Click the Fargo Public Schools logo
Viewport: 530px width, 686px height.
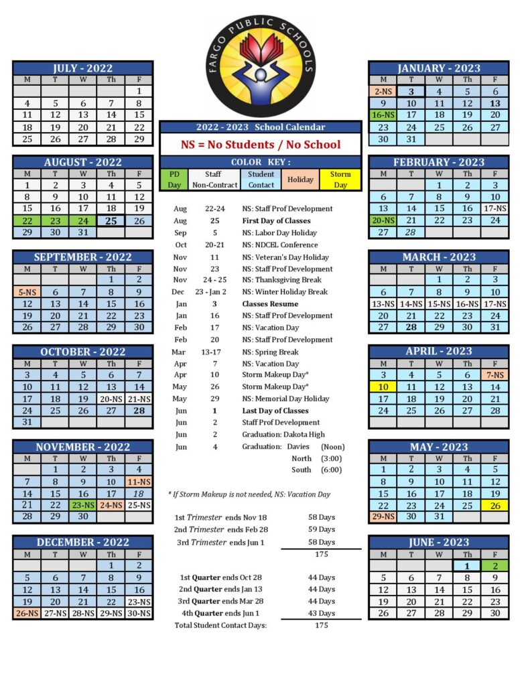click(x=261, y=66)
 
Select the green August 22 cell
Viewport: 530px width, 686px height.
click(x=27, y=220)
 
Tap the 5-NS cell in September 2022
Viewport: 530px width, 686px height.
click(x=27, y=291)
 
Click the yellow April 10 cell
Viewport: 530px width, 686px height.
click(x=383, y=387)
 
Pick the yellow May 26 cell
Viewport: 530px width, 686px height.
click(x=494, y=505)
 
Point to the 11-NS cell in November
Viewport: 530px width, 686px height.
click(x=139, y=481)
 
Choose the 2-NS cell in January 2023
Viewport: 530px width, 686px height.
click(x=383, y=91)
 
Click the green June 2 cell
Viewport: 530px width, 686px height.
click(x=494, y=565)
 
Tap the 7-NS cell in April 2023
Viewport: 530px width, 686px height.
click(x=494, y=374)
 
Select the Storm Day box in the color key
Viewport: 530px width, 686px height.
click(x=340, y=180)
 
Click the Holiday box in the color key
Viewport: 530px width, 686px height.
click(x=300, y=180)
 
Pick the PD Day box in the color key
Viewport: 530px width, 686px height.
click(x=174, y=180)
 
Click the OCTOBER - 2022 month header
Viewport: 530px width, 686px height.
click(x=82, y=352)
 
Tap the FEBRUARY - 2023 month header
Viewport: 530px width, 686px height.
click(x=438, y=162)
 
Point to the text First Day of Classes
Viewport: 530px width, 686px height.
click(x=275, y=220)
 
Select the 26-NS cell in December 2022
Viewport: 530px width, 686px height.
click(x=27, y=613)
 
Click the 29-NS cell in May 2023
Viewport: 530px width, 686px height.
click(x=383, y=517)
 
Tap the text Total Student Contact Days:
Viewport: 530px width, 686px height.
click(x=220, y=625)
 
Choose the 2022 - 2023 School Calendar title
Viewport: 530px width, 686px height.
click(x=261, y=127)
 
